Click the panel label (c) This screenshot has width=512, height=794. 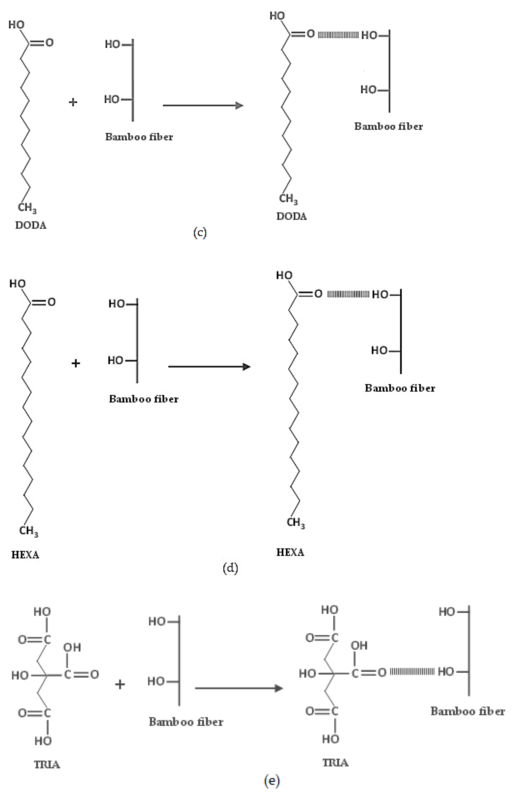[x=200, y=233]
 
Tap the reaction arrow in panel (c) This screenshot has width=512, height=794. [x=203, y=105]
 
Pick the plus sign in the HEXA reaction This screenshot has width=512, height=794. [x=76, y=363]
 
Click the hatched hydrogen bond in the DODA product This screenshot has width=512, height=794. [x=338, y=35]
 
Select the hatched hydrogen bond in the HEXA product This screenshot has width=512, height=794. [x=348, y=294]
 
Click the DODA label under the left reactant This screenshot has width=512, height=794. [x=31, y=225]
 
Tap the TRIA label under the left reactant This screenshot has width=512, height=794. [x=47, y=765]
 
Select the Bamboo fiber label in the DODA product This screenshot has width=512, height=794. [x=388, y=126]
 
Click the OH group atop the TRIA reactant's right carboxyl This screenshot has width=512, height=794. [x=72, y=647]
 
